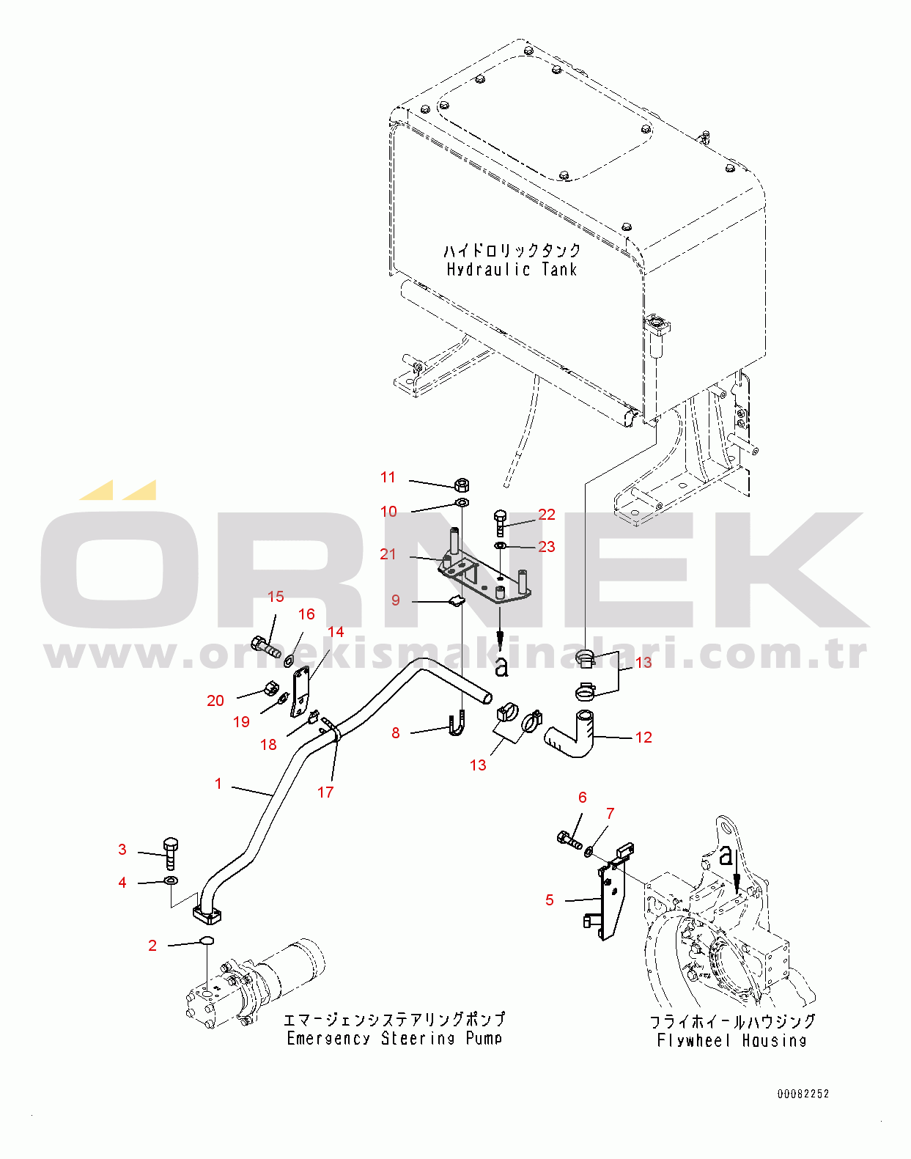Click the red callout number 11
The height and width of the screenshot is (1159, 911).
coord(388,477)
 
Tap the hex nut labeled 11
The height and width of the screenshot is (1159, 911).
coord(462,485)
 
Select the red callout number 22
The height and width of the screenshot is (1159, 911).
coord(547,515)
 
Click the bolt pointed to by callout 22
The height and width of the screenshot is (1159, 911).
coord(500,523)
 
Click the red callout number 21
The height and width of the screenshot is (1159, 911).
coord(388,553)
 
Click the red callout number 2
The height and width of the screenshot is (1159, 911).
coord(152,945)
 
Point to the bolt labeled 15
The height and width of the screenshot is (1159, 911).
coord(266,647)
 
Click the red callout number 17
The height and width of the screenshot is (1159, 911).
coord(325,792)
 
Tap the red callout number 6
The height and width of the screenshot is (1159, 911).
coord(582,797)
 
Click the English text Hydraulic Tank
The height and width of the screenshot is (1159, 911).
coord(512,269)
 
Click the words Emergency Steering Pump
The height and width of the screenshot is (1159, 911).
coord(394,1038)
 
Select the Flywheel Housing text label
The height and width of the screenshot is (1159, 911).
coord(731,1040)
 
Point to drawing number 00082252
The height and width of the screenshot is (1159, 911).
coord(803,1093)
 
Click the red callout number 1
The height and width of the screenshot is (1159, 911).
coord(218,783)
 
